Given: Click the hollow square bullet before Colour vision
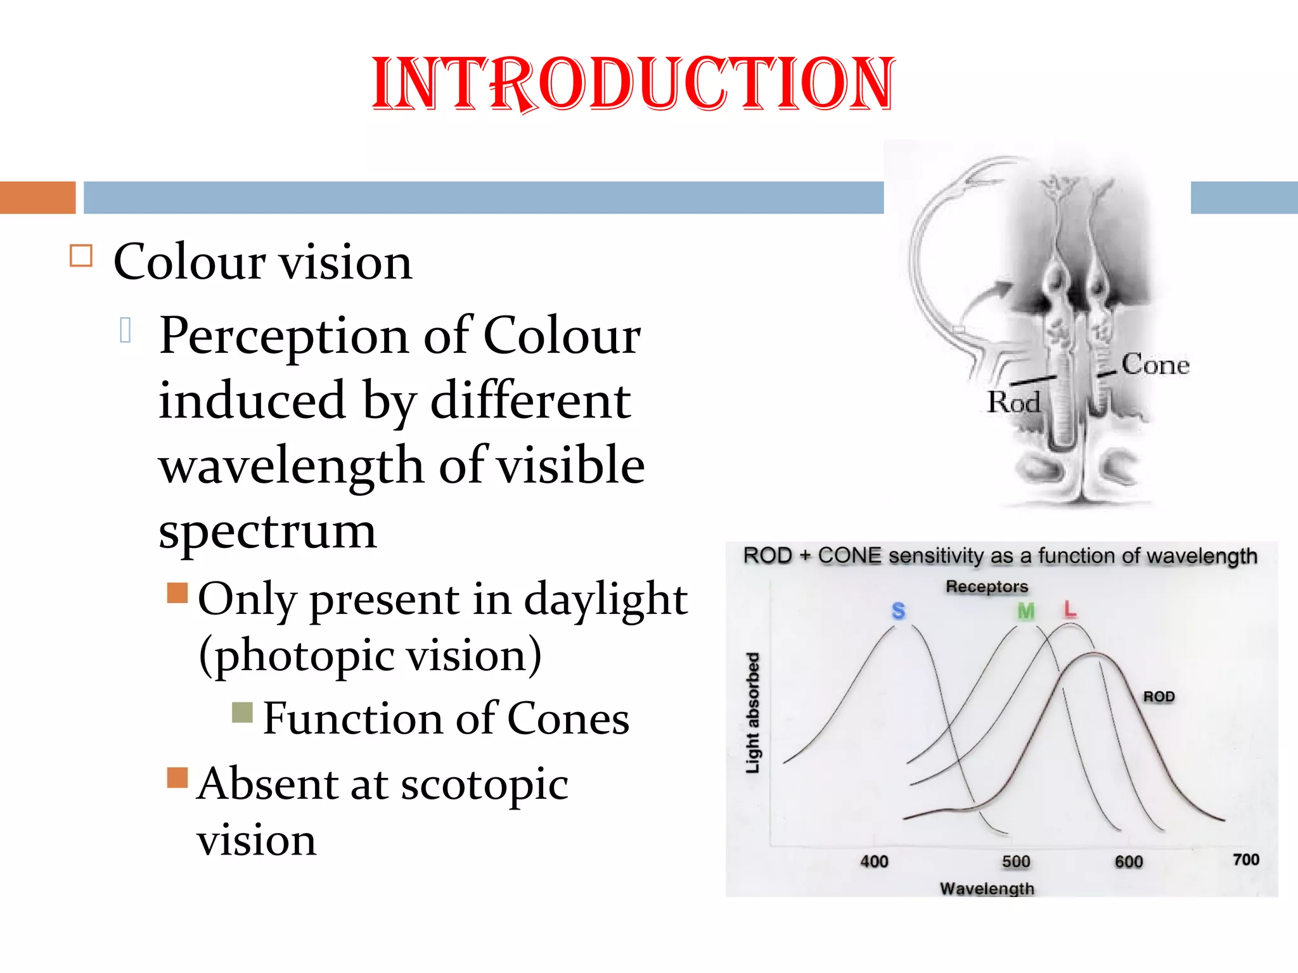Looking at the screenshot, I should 81,256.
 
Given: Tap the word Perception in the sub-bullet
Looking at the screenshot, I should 284,337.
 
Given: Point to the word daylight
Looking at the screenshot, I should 605,599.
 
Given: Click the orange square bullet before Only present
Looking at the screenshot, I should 177,593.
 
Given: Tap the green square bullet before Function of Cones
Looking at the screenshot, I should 242,713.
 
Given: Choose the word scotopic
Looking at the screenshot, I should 484,784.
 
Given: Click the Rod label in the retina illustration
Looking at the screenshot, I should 1014,403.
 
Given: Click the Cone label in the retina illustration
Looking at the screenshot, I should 1155,365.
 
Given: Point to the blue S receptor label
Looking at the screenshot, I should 898,611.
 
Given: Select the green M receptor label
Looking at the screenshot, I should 1025,611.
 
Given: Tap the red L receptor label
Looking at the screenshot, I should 1070,609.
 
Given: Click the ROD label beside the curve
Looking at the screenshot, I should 1159,697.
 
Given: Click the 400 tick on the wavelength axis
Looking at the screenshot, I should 874,862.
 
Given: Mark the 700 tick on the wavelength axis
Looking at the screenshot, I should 1245,860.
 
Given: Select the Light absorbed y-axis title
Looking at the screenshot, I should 752,713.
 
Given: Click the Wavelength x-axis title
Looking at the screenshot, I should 987,889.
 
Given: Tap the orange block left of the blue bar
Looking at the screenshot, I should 37,198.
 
